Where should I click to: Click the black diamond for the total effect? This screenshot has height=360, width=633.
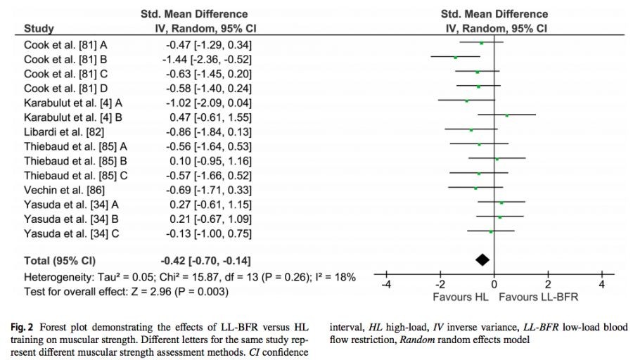(482, 259)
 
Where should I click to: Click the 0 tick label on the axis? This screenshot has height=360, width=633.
(494, 284)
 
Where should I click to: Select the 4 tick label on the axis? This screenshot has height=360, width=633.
(602, 284)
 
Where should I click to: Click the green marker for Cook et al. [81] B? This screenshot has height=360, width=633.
(456, 57)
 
